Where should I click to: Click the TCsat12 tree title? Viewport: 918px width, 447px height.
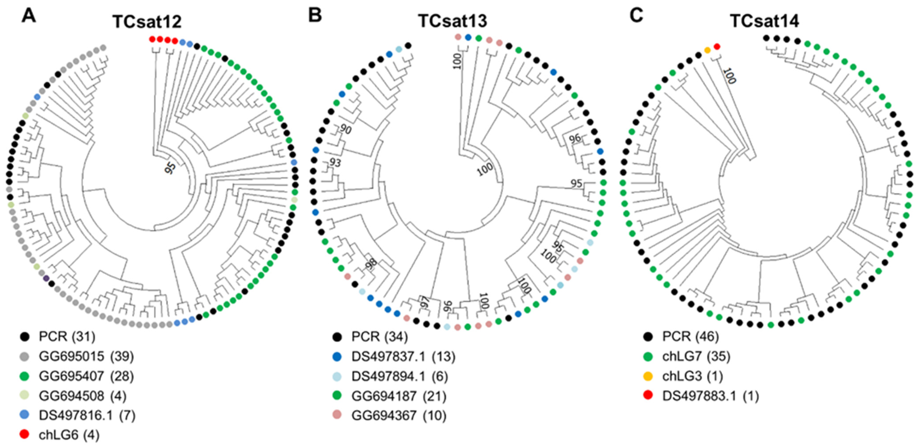coord(147,21)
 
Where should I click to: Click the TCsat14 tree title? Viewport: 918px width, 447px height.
coord(764,21)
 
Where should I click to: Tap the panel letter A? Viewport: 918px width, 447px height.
coord(29,16)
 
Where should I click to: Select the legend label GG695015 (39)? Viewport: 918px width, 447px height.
coord(86,356)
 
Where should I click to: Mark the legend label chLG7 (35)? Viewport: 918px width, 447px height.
coord(696,356)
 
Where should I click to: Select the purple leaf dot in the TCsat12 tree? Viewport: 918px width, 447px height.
coord(46,278)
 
